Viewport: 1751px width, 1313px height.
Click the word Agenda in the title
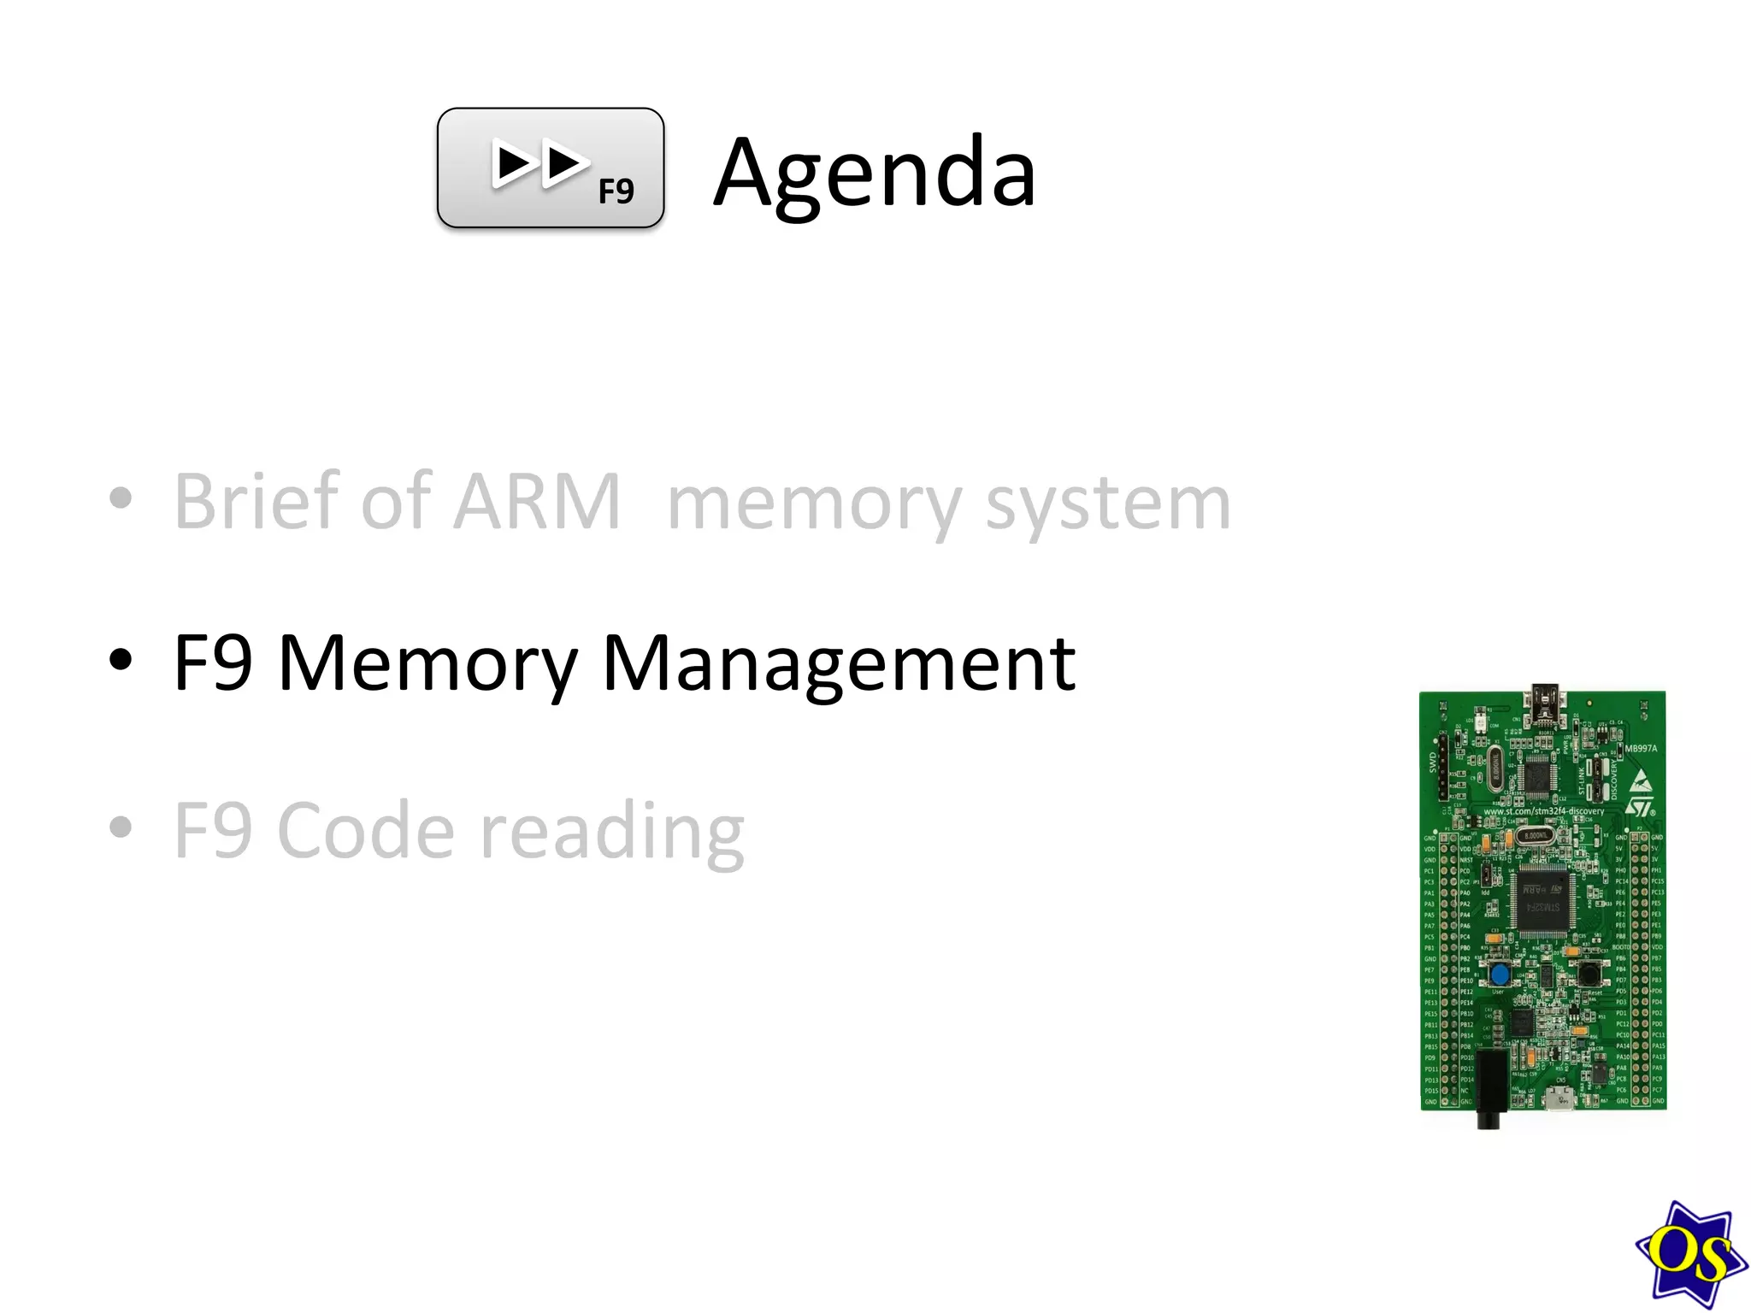point(874,174)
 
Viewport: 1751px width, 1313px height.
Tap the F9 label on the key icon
point(616,191)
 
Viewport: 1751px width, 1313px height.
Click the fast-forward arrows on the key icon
point(539,163)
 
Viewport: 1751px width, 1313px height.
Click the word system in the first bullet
point(1108,504)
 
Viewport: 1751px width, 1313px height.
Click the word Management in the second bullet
point(838,664)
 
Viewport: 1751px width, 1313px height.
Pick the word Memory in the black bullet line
point(428,664)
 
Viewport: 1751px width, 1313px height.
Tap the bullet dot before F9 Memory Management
point(121,659)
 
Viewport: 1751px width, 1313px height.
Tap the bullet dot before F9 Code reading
point(121,827)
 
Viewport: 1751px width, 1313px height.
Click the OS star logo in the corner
point(1690,1254)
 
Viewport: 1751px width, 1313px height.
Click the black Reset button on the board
point(1589,972)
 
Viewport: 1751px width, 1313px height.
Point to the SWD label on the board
point(1433,762)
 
